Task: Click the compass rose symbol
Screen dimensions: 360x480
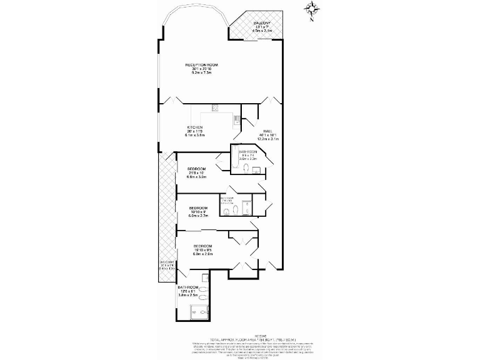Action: click(x=312, y=9)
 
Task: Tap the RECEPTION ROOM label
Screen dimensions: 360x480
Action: click(x=201, y=65)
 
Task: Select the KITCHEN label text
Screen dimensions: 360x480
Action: click(x=194, y=127)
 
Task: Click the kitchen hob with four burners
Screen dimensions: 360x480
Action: click(x=214, y=107)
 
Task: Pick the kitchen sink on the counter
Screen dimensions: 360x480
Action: click(x=236, y=118)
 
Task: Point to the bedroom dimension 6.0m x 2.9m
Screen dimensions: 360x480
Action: click(x=203, y=254)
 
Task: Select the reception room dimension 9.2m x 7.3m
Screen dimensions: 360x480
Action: click(x=201, y=73)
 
